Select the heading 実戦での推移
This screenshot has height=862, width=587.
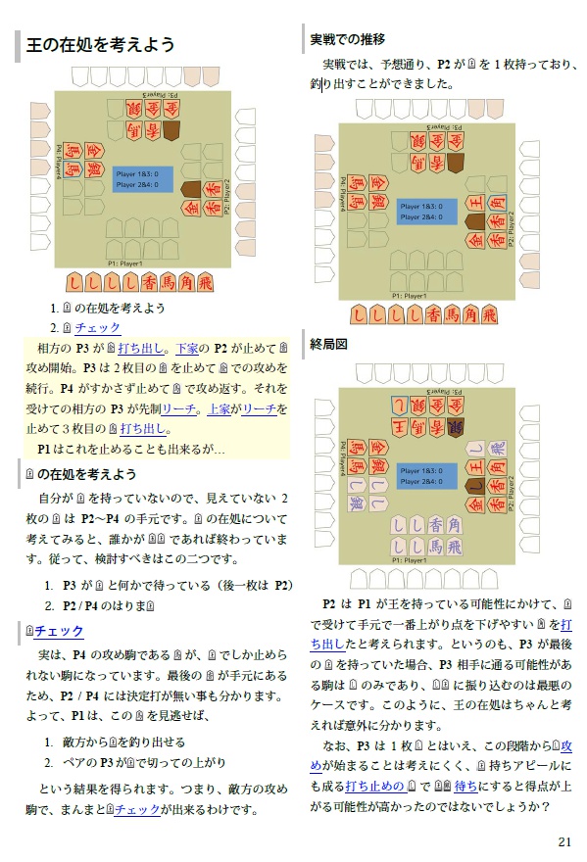(x=348, y=40)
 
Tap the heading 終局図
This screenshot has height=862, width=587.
(x=330, y=344)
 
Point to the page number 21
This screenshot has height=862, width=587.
(x=563, y=841)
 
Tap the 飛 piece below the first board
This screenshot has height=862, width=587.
(x=204, y=282)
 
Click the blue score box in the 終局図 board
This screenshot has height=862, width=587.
(x=426, y=476)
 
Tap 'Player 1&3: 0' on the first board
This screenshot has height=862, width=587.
(x=141, y=173)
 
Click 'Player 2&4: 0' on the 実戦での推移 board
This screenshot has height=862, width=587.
(x=424, y=216)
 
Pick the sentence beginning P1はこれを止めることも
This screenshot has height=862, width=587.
(x=131, y=448)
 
